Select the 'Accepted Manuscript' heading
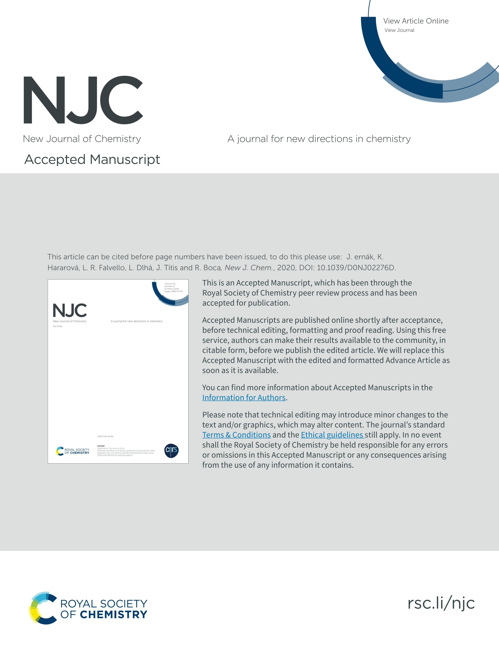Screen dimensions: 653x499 click(x=92, y=159)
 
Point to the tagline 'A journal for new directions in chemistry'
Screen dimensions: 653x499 click(x=319, y=139)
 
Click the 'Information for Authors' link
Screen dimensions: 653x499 click(x=243, y=397)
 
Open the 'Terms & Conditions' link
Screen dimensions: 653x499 click(x=236, y=435)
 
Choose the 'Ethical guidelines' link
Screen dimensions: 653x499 click(x=332, y=435)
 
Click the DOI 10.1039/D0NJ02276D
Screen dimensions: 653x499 click(x=356, y=268)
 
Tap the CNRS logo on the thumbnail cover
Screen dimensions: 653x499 click(x=171, y=451)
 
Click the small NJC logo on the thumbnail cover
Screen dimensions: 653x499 click(x=70, y=310)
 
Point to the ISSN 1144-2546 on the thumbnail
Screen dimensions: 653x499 click(x=105, y=436)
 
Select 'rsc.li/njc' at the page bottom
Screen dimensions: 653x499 click(x=441, y=603)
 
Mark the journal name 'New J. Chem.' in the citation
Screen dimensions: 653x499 click(x=248, y=268)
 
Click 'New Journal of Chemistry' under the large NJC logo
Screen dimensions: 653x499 click(x=82, y=139)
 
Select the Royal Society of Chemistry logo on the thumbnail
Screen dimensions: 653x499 click(x=73, y=451)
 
